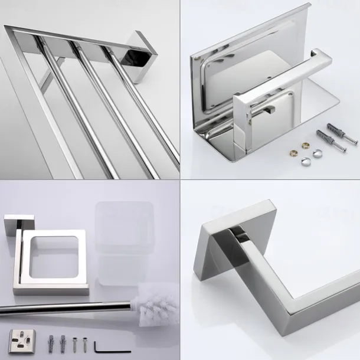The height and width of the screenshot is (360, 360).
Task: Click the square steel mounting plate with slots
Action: tap(22, 341)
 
